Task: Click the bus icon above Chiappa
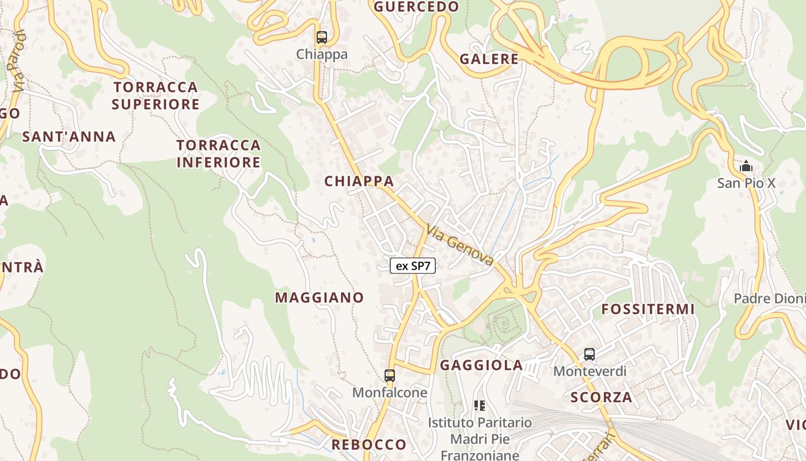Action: click(322, 37)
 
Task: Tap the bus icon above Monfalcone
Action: click(390, 376)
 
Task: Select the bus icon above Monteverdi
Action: click(590, 354)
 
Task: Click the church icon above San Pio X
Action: click(746, 167)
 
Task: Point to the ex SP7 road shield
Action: click(413, 266)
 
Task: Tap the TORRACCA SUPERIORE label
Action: click(155, 96)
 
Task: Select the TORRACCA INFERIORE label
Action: click(219, 153)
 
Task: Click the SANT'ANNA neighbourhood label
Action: click(69, 137)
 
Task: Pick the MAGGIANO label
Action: click(320, 297)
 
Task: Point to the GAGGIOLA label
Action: click(481, 365)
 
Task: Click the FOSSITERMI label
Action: click(648, 309)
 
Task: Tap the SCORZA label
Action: click(602, 396)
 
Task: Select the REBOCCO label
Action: click(369, 444)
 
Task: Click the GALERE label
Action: click(489, 59)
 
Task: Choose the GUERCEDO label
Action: click(417, 7)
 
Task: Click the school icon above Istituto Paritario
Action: click(479, 406)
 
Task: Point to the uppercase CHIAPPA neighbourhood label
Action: click(359, 181)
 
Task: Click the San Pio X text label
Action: click(746, 183)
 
